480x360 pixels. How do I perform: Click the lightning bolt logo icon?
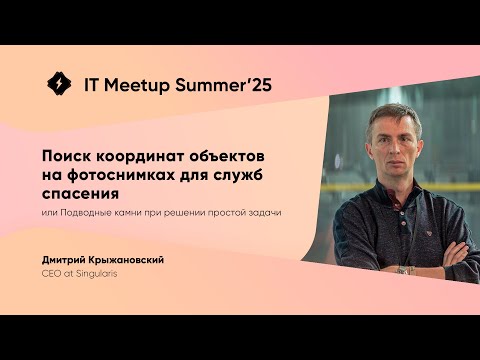59,85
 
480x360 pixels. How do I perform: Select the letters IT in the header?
88,85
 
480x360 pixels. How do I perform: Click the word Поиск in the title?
66,156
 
